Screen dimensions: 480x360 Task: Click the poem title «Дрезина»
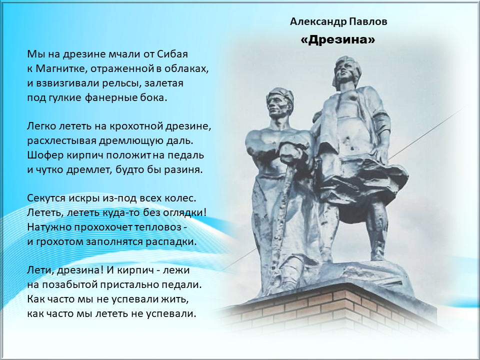(x=338, y=40)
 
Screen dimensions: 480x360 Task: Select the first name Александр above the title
(x=318, y=22)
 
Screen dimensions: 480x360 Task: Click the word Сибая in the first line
(x=172, y=54)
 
